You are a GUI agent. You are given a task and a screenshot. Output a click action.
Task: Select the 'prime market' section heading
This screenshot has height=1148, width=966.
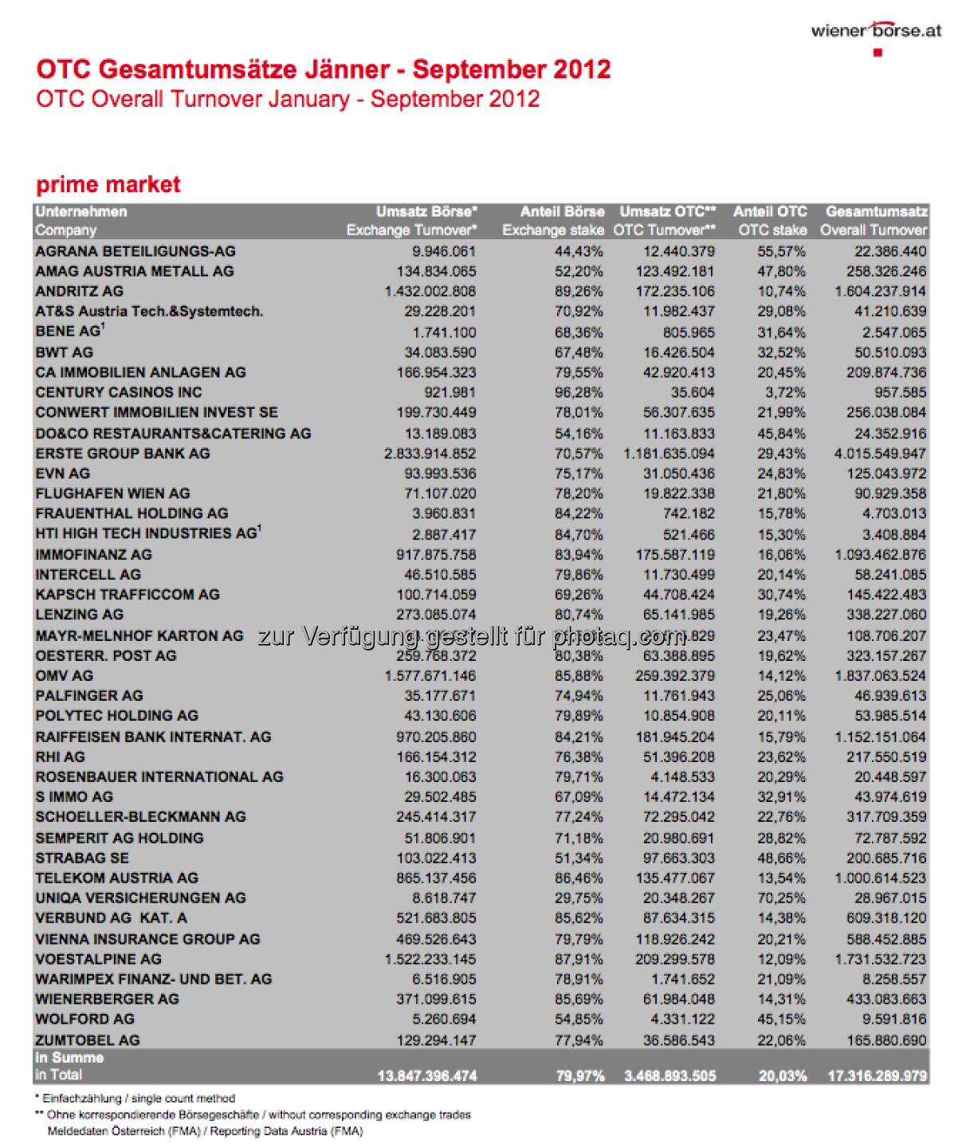pyautogui.click(x=108, y=185)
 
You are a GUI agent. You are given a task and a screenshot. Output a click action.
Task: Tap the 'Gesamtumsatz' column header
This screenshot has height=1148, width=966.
pyautogui.click(x=876, y=212)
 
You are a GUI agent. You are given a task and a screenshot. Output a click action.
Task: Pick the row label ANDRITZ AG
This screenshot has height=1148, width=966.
pyautogui.click(x=79, y=292)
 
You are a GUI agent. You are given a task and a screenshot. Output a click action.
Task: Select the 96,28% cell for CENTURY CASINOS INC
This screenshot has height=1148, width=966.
pyautogui.click(x=579, y=392)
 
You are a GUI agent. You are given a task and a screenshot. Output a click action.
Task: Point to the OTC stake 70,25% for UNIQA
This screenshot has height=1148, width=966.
pyautogui.click(x=782, y=898)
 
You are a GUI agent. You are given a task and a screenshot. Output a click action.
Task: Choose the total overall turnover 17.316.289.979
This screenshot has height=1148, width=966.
pyautogui.click(x=877, y=1076)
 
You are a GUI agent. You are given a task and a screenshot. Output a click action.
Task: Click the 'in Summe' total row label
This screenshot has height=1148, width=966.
pyautogui.click(x=69, y=1059)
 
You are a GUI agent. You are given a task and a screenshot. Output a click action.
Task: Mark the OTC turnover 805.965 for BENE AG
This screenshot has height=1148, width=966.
pyautogui.click(x=689, y=332)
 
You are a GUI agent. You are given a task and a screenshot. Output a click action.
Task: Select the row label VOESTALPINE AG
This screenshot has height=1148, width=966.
pyautogui.click(x=98, y=959)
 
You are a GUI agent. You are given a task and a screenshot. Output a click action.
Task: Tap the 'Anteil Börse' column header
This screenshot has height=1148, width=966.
pyautogui.click(x=562, y=212)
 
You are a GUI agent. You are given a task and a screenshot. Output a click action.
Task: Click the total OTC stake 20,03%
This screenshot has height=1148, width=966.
pyautogui.click(x=782, y=1076)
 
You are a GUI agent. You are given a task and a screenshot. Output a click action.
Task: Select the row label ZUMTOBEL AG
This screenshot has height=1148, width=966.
pyautogui.click(x=87, y=1040)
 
